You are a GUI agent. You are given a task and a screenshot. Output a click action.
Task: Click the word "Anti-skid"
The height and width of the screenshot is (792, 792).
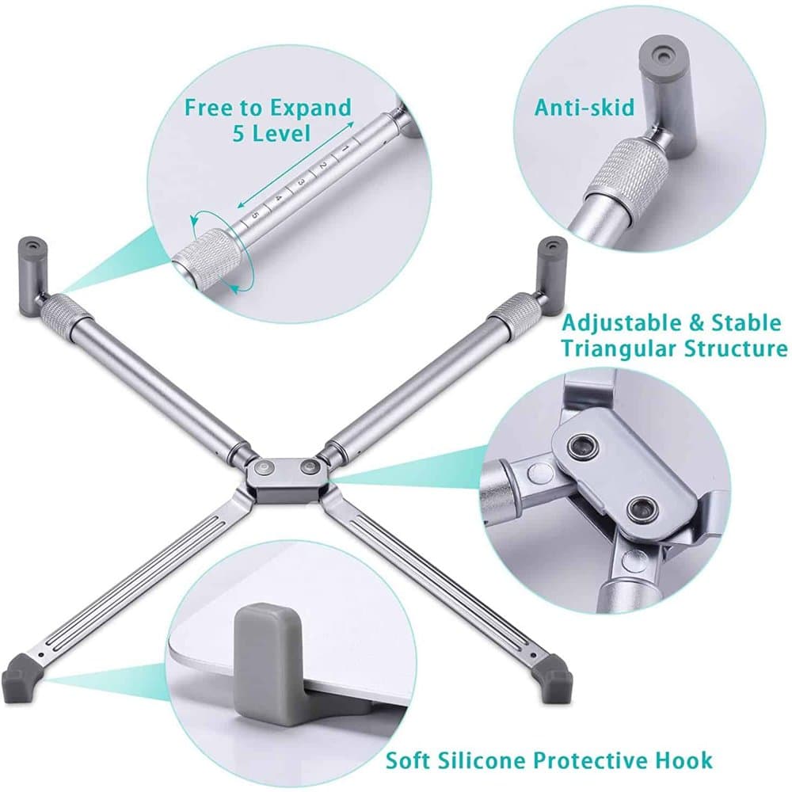click(584, 107)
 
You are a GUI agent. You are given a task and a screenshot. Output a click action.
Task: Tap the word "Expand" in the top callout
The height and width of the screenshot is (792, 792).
click(310, 108)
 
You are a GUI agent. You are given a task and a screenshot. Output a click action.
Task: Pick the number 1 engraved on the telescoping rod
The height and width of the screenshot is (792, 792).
click(345, 149)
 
